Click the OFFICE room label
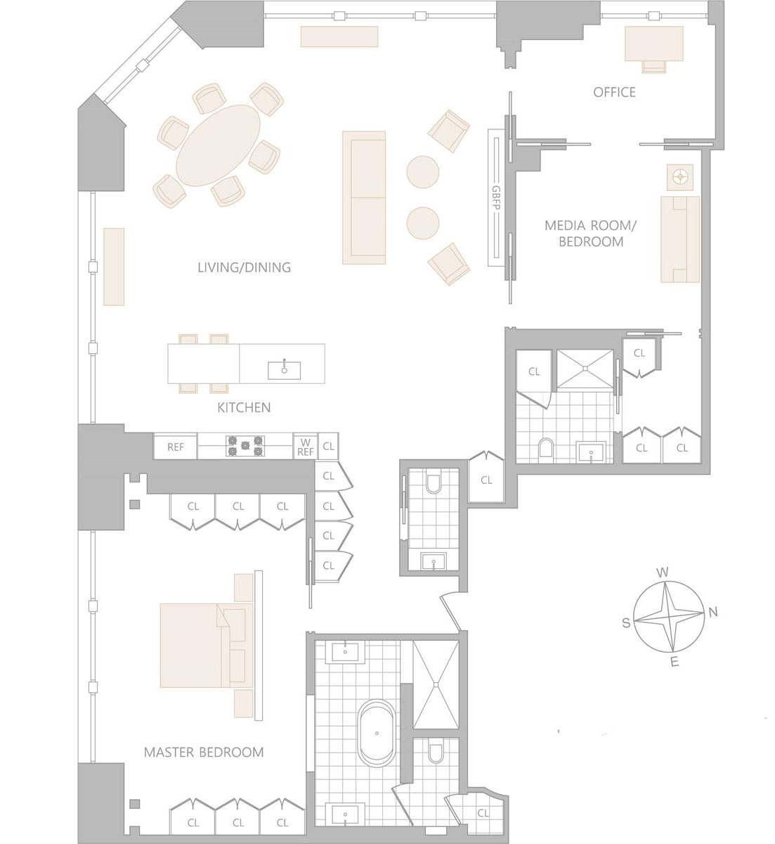pos(614,92)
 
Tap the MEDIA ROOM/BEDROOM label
pos(590,234)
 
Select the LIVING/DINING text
pos(244,267)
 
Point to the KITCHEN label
pos(244,407)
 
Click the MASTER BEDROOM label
pos(204,753)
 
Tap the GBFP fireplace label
pos(497,198)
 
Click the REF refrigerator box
pos(176,447)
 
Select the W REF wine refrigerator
pos(305,447)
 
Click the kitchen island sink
pos(285,370)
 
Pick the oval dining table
pos(218,146)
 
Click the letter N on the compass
pos(713,613)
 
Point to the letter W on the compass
pos(663,573)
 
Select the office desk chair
pos(654,66)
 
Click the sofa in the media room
pos(680,239)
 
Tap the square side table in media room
pos(680,177)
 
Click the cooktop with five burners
pos(246,447)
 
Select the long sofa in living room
pos(364,198)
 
